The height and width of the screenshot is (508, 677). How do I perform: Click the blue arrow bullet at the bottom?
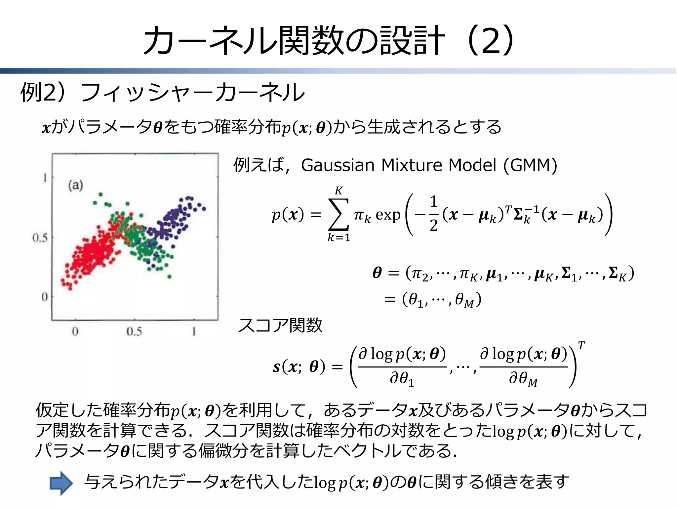(61, 483)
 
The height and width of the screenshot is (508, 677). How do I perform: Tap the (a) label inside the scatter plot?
(75, 185)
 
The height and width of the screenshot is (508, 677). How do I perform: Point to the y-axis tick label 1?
(45, 178)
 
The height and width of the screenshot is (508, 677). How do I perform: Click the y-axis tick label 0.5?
(40, 237)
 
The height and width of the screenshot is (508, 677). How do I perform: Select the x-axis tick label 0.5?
(134, 331)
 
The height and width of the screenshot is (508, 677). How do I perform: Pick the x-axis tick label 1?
(194, 331)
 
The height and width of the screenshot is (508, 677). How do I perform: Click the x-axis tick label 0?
(75, 331)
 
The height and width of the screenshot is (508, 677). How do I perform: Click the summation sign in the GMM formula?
(338, 214)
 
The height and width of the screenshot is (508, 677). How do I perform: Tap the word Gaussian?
(338, 165)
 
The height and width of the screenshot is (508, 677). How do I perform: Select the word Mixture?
(411, 165)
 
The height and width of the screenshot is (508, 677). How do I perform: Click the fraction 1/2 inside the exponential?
(434, 213)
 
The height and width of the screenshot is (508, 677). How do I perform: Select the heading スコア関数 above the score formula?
(280, 325)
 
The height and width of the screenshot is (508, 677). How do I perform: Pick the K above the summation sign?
(338, 190)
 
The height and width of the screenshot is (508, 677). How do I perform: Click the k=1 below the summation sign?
(338, 237)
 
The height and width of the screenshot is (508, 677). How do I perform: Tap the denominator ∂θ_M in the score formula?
(523, 379)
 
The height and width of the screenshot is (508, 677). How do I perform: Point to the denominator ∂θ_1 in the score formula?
(402, 379)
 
